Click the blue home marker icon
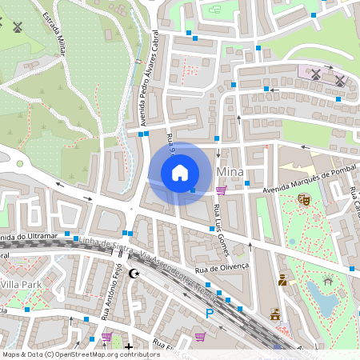click(x=180, y=173)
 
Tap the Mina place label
click(x=230, y=173)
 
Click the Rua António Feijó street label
click(x=112, y=290)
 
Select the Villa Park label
click(x=22, y=284)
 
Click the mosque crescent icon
click(x=134, y=274)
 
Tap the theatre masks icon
click(x=303, y=199)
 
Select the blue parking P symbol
click(x=210, y=313)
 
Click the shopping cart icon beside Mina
click(x=221, y=190)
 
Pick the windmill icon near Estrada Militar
click(x=18, y=25)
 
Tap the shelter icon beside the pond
click(x=327, y=281)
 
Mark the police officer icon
click(x=282, y=280)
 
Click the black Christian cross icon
click(x=129, y=346)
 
